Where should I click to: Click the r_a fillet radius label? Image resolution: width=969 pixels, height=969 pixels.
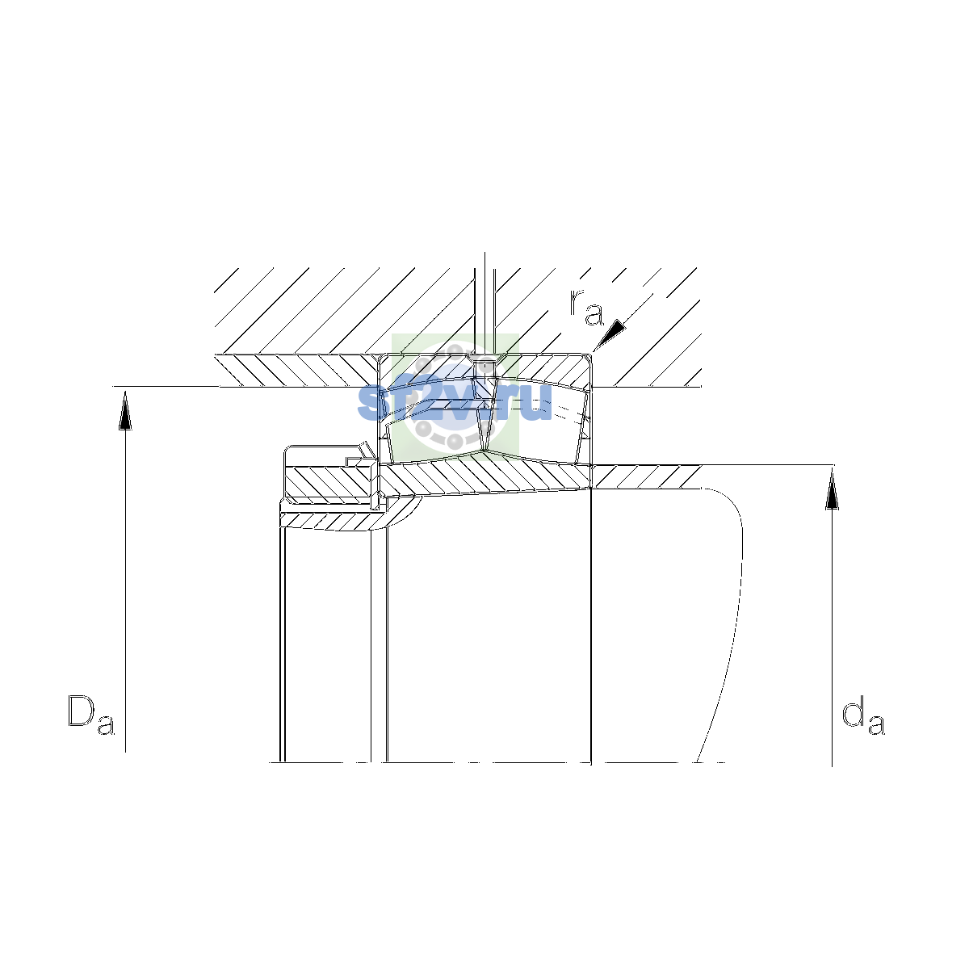(586, 307)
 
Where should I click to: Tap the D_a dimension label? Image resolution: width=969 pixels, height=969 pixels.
(91, 715)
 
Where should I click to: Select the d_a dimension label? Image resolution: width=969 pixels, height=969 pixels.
(863, 715)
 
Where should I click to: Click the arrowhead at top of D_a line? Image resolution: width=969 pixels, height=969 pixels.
(125, 410)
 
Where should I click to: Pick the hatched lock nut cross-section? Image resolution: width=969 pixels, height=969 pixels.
(328, 482)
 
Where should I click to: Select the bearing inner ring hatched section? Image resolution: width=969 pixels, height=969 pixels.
(485, 479)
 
